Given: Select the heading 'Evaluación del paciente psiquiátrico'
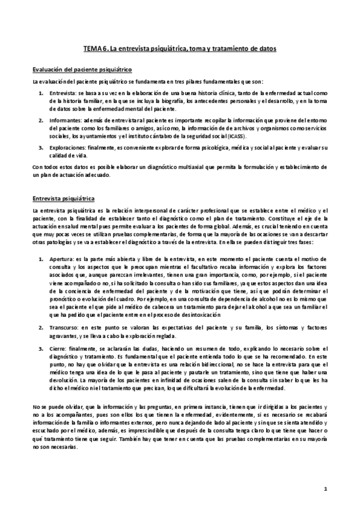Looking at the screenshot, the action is (82, 70).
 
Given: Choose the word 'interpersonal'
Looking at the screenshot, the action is (136, 210).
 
